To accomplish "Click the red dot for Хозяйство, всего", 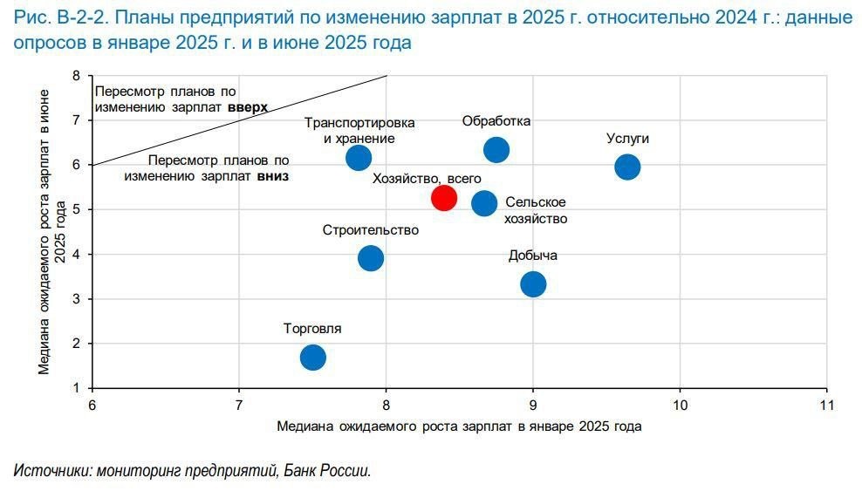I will click(x=443, y=198).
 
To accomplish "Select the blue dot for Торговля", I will click(x=312, y=358).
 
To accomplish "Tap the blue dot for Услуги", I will click(x=627, y=167).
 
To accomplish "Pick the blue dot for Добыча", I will click(x=533, y=283).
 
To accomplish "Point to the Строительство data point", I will click(x=371, y=257).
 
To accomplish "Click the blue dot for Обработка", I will click(x=496, y=150).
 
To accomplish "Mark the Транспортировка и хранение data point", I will click(x=359, y=158).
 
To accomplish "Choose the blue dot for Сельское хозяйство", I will click(x=484, y=203).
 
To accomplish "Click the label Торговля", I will click(x=312, y=329).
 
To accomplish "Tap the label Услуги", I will click(x=627, y=139).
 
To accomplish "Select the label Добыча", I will click(x=533, y=256).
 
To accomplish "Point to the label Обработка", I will click(x=496, y=121).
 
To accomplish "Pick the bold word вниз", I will click(x=272, y=175).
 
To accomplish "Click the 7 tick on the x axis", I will click(x=239, y=405).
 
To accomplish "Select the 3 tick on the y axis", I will click(x=76, y=299).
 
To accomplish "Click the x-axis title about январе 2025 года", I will click(x=459, y=426).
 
